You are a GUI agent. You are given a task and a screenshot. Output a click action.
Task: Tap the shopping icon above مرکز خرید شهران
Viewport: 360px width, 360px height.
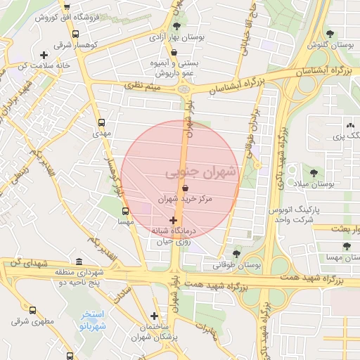pos(185,188)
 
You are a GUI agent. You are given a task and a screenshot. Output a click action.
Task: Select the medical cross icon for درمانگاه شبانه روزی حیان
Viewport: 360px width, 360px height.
pos(174,220)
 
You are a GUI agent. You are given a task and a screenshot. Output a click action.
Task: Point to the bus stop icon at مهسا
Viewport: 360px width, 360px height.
pos(125,210)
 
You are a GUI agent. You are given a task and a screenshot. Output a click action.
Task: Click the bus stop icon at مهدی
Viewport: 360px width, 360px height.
pos(103,121)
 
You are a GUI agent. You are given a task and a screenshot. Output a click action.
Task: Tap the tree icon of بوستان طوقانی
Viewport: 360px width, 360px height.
pos(236,254)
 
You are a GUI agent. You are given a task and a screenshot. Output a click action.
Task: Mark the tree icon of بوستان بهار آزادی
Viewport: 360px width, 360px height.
pos(174,28)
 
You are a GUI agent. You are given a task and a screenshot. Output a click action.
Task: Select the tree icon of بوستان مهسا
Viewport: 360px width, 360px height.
pos(346,246)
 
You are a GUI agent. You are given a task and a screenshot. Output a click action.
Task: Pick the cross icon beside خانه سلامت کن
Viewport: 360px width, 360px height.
pos(44,55)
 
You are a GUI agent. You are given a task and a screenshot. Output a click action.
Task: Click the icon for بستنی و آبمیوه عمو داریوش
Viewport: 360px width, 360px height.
pos(174,51)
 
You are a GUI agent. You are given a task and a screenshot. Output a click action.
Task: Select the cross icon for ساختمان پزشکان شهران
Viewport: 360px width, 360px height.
pos(154,316)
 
